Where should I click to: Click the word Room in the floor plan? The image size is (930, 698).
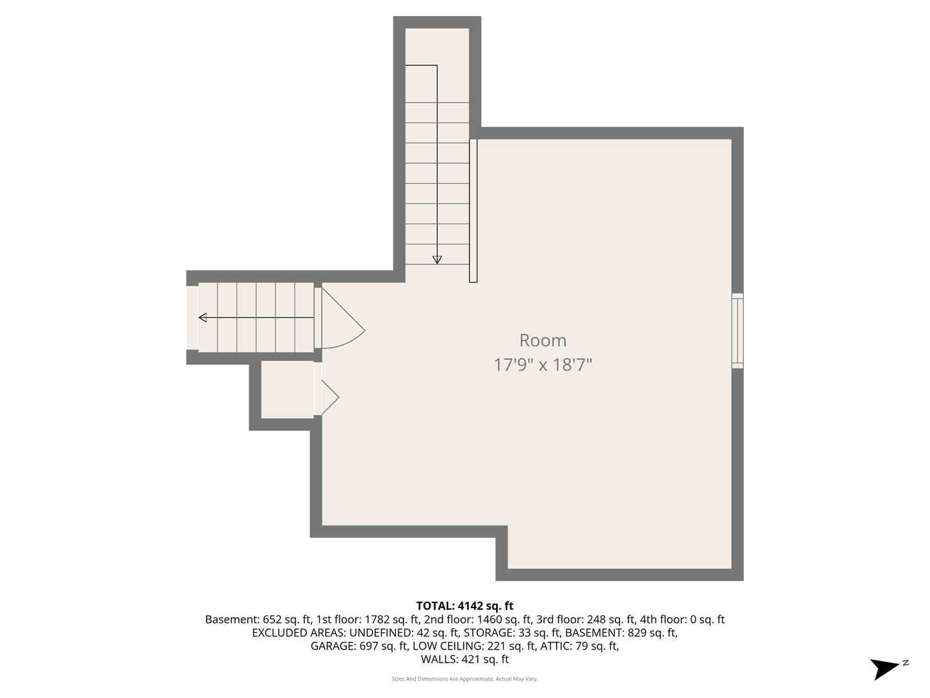tap(542, 341)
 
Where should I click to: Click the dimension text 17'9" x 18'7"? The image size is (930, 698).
tap(542, 365)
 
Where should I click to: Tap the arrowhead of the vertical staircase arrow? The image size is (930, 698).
tap(437, 259)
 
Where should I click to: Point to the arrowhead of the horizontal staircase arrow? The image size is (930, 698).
tap(203, 317)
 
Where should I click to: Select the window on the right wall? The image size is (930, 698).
tap(737, 331)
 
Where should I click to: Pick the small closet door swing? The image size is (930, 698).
tap(328, 396)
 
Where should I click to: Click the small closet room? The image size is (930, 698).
tap(287, 390)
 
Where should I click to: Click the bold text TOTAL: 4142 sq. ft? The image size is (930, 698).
tap(464, 606)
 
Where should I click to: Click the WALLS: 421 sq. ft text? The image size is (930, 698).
tap(464, 659)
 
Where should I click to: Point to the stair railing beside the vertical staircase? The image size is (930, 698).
tap(473, 211)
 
